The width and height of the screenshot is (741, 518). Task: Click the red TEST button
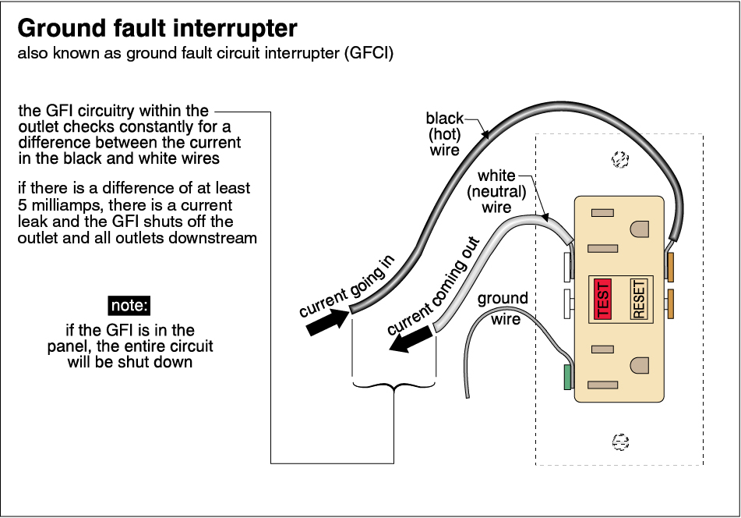pyautogui.click(x=602, y=300)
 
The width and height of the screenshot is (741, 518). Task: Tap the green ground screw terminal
pyautogui.click(x=567, y=377)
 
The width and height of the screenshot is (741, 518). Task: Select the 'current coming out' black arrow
pyautogui.click(x=411, y=339)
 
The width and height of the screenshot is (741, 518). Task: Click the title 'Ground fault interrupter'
pyautogui.click(x=157, y=29)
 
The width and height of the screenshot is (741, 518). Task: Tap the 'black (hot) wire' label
pyautogui.click(x=445, y=133)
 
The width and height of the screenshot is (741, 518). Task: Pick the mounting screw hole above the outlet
pyautogui.click(x=620, y=159)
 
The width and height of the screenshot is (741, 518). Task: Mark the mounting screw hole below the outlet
pyautogui.click(x=620, y=442)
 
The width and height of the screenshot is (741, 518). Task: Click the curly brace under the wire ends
pyautogui.click(x=393, y=385)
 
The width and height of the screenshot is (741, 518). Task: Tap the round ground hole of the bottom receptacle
pyautogui.click(x=640, y=365)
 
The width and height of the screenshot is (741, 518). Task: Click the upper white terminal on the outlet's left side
pyautogui.click(x=567, y=266)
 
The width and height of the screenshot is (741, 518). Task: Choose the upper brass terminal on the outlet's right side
pyautogui.click(x=669, y=266)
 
